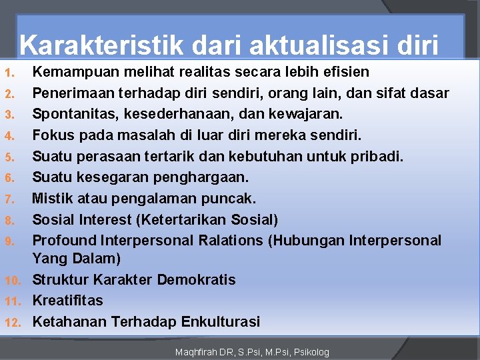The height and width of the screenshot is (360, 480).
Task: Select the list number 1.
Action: click(x=7, y=72)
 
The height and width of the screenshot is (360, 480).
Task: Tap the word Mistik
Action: click(x=51, y=199)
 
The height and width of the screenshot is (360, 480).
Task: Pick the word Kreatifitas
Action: click(x=68, y=300)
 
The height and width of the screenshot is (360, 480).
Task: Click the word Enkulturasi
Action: click(x=217, y=321)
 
